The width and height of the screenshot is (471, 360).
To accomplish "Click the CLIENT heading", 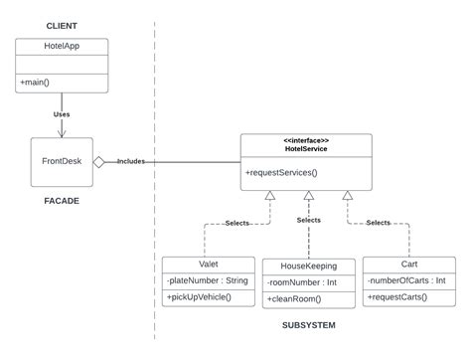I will [x=62, y=25].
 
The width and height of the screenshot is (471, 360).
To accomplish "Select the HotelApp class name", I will [x=62, y=46].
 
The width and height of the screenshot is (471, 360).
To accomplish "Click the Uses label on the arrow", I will [x=62, y=114].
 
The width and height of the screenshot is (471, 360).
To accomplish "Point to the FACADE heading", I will [x=61, y=201].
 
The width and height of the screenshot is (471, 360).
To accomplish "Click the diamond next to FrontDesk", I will [x=99, y=160].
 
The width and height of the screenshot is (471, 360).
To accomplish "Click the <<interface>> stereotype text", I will [x=307, y=140].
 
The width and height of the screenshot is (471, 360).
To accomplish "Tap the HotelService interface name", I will [x=307, y=149].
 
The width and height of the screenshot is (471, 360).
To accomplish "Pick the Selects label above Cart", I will [x=378, y=223].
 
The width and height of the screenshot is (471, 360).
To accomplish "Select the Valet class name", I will [x=208, y=265].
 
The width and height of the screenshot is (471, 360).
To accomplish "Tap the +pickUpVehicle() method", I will [x=199, y=297].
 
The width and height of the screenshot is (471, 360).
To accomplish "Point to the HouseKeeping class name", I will [x=308, y=267].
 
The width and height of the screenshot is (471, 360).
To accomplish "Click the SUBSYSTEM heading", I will [x=309, y=325].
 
